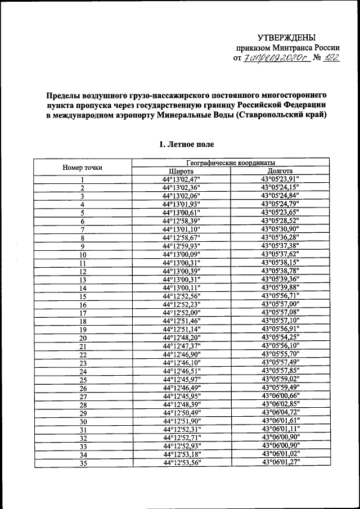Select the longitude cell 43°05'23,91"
(x=280, y=179)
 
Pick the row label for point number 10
(x=82, y=255)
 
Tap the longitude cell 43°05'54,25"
(x=280, y=337)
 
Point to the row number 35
(x=82, y=463)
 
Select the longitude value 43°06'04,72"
(x=280, y=412)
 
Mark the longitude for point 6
(x=280, y=221)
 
